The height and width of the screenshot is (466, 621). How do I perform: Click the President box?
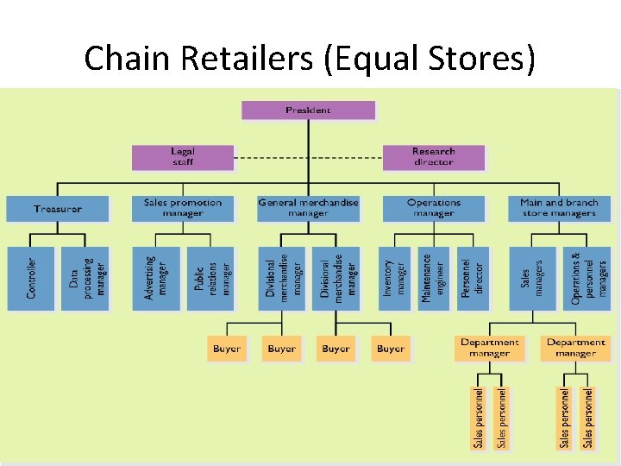pos(308,110)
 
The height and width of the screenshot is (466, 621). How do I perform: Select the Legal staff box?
pos(182,157)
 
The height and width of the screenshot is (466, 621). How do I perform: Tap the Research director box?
pos(433,157)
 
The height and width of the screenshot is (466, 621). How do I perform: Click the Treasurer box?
pos(58,209)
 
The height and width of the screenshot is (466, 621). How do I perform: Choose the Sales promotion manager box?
pos(182,208)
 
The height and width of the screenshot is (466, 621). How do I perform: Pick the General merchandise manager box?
pos(308,208)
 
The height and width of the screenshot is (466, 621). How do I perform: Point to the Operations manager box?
pos(433,208)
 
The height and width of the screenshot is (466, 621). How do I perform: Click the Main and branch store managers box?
pos(558,208)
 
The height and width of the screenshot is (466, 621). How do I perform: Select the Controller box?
pos(31,278)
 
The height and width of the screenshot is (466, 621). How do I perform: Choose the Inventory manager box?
pos(392,278)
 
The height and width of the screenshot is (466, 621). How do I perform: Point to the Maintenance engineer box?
pos(433,278)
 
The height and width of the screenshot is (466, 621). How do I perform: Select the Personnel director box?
pos(473,278)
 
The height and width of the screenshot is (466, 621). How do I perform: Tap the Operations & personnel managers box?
pos(587,278)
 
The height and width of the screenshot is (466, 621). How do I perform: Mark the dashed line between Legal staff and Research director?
pos(308,158)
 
